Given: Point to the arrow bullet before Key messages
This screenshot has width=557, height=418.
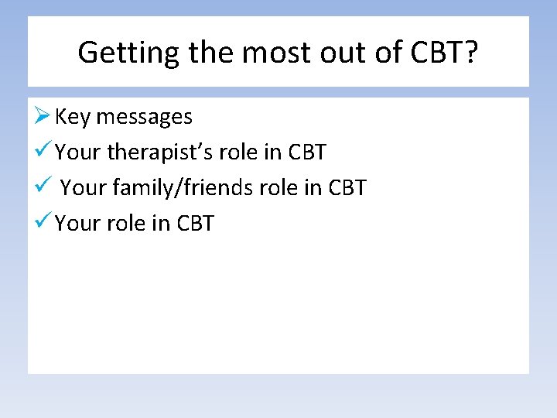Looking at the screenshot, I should tap(43, 116).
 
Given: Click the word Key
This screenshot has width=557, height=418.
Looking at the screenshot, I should tap(73, 117).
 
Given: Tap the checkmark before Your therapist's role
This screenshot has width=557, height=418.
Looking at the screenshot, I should tap(43, 152).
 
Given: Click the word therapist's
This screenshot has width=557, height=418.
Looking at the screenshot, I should tap(160, 152).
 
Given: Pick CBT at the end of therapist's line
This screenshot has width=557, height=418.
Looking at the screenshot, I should tap(307, 152).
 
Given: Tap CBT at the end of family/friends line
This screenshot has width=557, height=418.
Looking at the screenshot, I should tap(347, 188).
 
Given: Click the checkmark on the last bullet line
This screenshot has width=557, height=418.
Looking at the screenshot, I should tap(43, 223).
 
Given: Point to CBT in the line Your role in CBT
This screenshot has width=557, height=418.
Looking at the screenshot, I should tap(195, 224).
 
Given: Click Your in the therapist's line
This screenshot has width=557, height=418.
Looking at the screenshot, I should tap(78, 152).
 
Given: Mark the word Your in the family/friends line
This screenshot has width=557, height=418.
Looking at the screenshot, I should tap(83, 188).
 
